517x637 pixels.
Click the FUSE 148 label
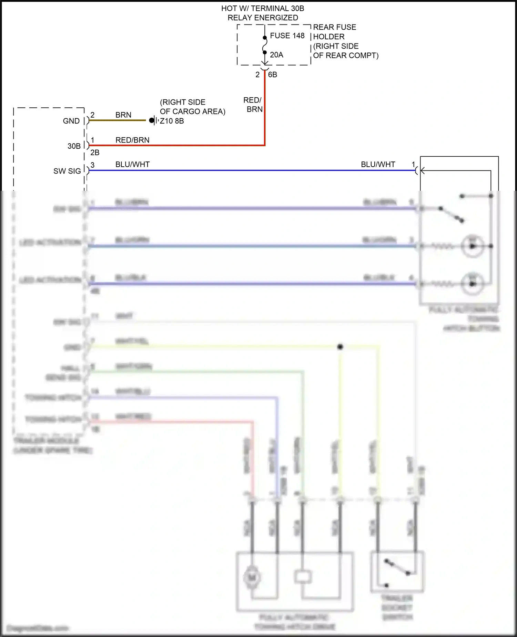287,36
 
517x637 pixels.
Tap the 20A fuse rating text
276,55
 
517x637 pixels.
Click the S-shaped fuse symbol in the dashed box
265,45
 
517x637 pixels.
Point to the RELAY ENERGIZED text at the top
263,18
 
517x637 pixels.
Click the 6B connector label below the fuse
272,75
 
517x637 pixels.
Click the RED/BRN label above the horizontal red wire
132,140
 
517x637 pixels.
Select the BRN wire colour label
123,115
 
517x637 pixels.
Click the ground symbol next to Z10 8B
153,120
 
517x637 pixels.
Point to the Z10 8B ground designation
172,121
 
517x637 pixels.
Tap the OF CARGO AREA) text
192,111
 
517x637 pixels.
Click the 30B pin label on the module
74,146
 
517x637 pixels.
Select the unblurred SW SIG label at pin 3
67,171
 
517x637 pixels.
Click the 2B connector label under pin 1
95,153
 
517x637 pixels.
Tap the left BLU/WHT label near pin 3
132,165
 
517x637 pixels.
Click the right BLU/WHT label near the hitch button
378,165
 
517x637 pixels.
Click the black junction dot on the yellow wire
340,347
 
